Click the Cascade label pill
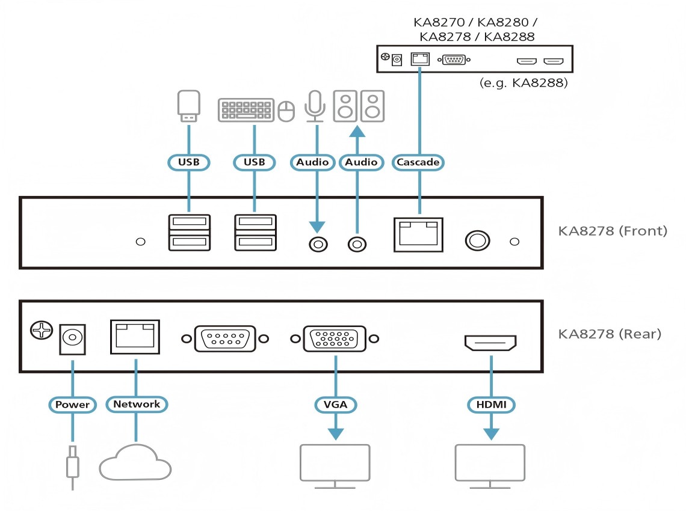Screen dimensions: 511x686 [x=418, y=162]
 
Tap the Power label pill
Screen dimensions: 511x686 [x=72, y=405]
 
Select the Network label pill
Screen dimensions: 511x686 [x=137, y=405]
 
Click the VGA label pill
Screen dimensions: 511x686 [x=335, y=405]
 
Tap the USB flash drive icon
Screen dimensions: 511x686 [x=189, y=106]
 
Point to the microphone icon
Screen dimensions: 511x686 [x=314, y=106]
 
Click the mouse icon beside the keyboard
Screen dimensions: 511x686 [x=287, y=111]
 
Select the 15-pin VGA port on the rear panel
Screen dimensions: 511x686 [x=334, y=339]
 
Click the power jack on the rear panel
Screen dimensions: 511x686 [x=72, y=339]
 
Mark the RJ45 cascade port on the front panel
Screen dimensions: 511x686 [x=418, y=234]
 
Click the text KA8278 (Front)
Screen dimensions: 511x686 [x=613, y=230]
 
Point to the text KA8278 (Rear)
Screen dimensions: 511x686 [x=610, y=333]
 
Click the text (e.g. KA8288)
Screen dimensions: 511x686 [x=524, y=83]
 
